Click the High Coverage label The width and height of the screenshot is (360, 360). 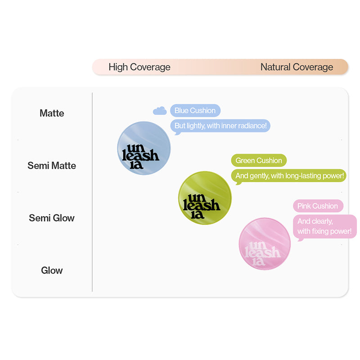139,67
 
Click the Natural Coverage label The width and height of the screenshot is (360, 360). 297,67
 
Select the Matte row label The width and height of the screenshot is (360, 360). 52,113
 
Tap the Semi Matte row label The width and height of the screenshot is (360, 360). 52,165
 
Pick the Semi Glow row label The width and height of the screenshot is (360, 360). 52,218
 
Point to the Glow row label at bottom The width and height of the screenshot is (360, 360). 52,270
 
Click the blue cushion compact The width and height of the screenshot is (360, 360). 144,148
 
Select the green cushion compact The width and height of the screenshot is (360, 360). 205,198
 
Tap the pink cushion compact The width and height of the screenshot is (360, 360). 265,243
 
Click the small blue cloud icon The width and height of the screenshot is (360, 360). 160,110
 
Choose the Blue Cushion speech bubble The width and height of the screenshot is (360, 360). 195,110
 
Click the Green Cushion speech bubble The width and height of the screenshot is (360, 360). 259,160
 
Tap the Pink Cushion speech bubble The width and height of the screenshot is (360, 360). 318,206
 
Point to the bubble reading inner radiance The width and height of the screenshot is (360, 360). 220,126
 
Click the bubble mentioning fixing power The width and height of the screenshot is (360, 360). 324,226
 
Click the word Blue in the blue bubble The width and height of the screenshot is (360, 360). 181,110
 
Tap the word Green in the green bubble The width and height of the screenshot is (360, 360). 245,160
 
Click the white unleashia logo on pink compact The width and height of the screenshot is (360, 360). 263,252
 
